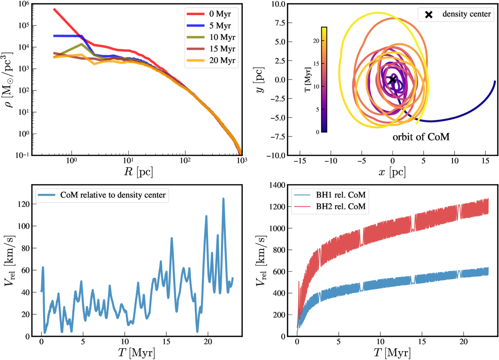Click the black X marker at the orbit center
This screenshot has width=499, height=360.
point(392,80)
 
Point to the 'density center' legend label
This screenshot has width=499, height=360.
point(466,15)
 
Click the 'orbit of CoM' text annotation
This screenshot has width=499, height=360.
point(421,138)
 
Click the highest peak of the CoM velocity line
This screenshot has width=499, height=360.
point(224,199)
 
